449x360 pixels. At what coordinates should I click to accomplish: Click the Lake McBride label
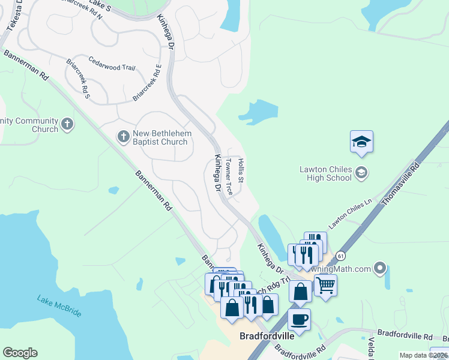(x=59, y=305)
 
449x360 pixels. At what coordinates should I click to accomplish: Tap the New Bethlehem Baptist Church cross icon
(x=124, y=137)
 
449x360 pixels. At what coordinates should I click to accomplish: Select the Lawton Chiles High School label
(x=325, y=173)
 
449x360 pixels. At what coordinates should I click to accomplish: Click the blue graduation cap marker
(x=361, y=142)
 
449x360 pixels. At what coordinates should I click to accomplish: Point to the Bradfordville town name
(x=267, y=336)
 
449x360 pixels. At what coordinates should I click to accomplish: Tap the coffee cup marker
(x=299, y=319)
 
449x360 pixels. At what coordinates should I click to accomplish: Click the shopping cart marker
(x=325, y=285)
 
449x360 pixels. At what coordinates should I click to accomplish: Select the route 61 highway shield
(x=341, y=256)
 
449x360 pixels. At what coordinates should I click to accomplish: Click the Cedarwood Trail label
(x=112, y=64)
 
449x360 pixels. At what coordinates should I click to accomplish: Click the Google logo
(x=20, y=353)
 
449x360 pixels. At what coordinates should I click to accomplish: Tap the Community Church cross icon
(x=67, y=125)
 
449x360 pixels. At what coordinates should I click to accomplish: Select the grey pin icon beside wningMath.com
(x=379, y=268)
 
